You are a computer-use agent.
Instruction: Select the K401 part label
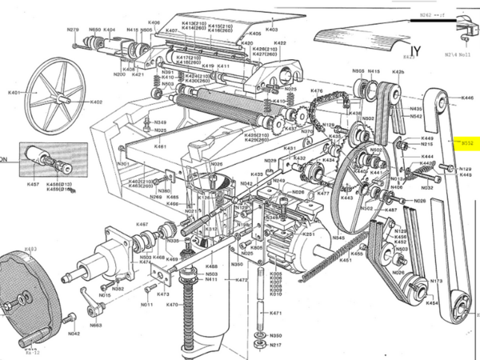[x=14, y=93]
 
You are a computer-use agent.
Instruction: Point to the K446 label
[x=468, y=98]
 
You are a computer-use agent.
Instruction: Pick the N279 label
[x=74, y=30]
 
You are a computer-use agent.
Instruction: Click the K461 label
[x=160, y=146]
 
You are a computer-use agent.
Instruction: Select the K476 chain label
[x=316, y=91]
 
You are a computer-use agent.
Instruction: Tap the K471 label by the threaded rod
[x=274, y=313]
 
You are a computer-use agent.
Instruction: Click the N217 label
[x=274, y=345]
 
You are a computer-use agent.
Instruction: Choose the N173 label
[x=437, y=282]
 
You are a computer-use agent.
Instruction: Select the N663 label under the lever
[x=95, y=326]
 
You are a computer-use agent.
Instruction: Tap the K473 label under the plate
[x=162, y=294]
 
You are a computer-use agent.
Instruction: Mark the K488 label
[x=211, y=266]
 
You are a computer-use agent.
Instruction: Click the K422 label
[x=280, y=43]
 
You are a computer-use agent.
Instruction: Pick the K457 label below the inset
[x=33, y=184]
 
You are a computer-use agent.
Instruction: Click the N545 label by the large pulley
[x=339, y=238]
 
